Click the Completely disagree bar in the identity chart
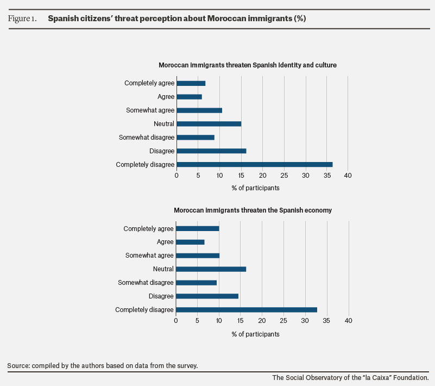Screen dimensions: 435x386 (254, 164)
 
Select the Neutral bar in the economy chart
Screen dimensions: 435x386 (211, 269)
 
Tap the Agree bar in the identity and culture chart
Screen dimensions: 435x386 (189, 97)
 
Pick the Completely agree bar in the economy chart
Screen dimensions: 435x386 (198, 228)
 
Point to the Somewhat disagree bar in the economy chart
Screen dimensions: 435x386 (196, 283)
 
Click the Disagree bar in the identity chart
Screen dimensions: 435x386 (211, 151)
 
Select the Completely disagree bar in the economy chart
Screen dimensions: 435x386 (247, 310)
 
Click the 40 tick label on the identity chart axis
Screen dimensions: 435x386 (348, 176)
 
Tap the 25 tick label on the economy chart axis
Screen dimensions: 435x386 (283, 321)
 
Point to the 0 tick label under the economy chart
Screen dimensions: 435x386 (176, 321)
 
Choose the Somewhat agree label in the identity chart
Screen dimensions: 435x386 (150, 110)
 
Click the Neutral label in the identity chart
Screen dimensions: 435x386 (164, 124)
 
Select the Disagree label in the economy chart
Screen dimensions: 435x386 (161, 296)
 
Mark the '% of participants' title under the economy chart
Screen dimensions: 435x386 (255, 334)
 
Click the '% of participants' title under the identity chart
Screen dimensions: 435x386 (255, 188)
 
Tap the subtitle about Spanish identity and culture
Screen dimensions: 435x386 (248, 65)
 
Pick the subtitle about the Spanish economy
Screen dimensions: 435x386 (253, 210)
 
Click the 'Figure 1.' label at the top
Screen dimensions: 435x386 (22, 18)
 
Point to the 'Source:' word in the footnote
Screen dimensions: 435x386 (18, 366)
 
